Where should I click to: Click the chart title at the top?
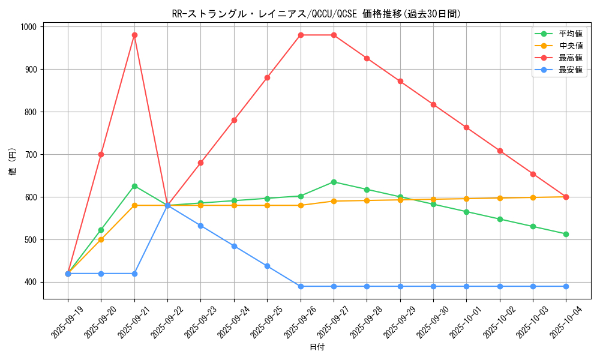316,14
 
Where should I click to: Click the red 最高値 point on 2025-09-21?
134,35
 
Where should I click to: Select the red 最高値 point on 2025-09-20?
101,154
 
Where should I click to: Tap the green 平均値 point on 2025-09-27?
334,182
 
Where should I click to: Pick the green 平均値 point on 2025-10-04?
566,234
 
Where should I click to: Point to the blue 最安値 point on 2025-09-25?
267,266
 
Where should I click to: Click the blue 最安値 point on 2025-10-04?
566,286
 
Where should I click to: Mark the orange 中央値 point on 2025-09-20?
101,239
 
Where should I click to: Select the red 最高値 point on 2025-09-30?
433,104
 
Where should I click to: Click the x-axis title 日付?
317,347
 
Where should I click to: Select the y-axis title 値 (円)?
13,162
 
